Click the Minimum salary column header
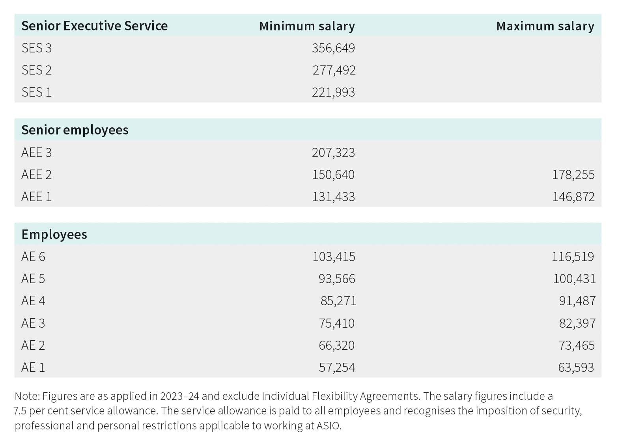coord(307,26)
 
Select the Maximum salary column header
coord(545,26)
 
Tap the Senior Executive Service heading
coord(94,26)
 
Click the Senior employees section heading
coord(75,130)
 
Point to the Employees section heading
coord(54,235)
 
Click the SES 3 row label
coord(36,48)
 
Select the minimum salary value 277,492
coord(334,70)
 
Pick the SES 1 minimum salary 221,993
coord(333,92)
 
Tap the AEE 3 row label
coord(36,153)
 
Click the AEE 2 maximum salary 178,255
coord(573,175)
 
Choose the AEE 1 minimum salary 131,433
coord(333,197)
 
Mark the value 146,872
coord(573,197)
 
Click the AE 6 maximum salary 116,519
coord(573,257)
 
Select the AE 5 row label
coord(33,279)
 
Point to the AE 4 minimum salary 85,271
coord(338,301)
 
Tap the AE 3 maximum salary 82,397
coord(577,323)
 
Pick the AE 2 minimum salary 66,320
coord(336,345)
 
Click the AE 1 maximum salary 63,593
coord(576,367)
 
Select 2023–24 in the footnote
coord(179,396)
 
